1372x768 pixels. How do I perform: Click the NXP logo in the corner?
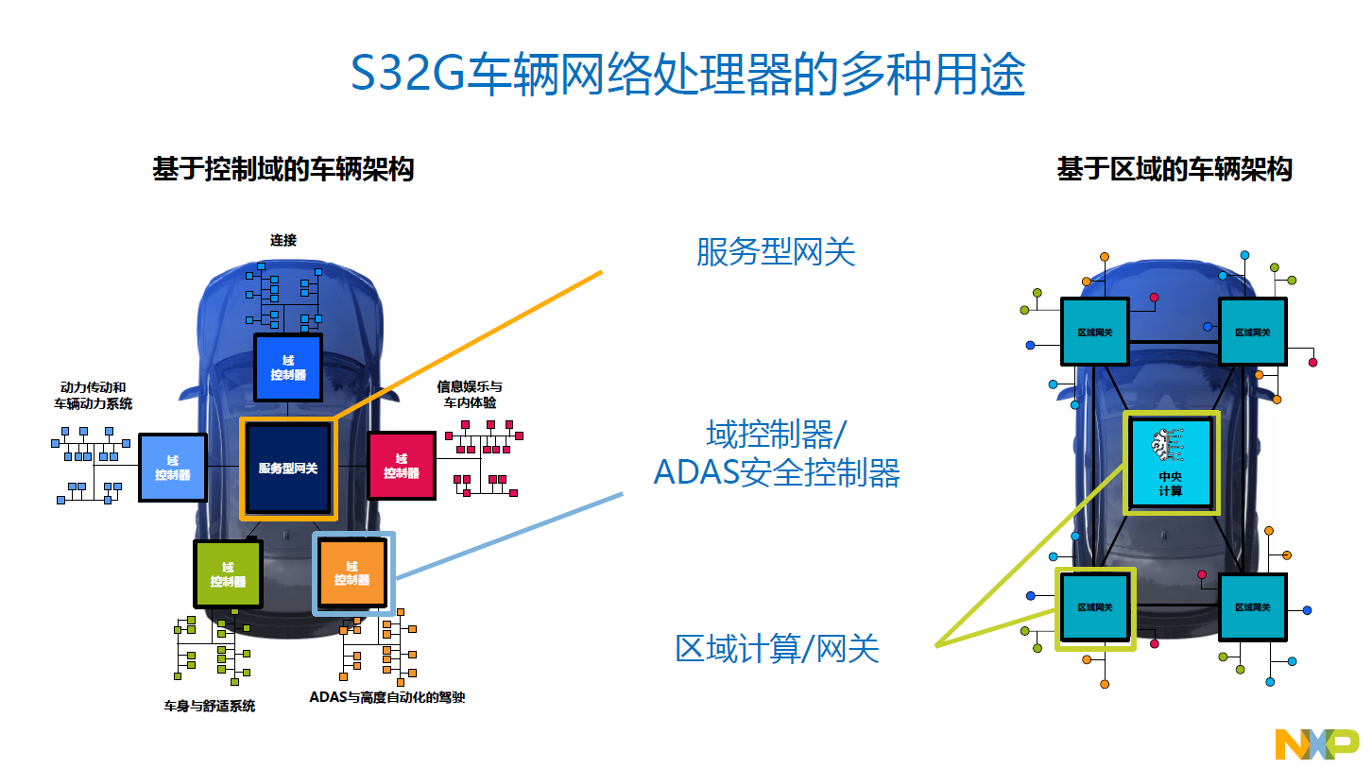pos(1317,744)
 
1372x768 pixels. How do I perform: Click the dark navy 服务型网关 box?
pos(288,469)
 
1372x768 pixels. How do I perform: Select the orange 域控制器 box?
pos(352,573)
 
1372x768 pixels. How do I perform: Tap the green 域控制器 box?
pos(228,573)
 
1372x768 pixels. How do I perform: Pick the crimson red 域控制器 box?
pos(402,466)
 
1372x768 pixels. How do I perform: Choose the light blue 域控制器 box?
pos(173,468)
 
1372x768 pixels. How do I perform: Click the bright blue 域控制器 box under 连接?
pos(288,367)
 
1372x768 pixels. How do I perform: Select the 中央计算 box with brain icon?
pos(1171,463)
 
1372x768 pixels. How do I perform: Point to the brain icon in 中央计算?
pos(1167,444)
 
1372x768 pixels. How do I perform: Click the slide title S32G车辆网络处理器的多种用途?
pos(688,74)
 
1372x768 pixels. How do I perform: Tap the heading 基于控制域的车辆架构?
pos(283,169)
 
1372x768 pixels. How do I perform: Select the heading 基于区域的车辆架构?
pos(1175,169)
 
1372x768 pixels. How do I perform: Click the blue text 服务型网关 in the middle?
pos(776,251)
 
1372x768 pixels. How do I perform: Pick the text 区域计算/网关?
pos(777,649)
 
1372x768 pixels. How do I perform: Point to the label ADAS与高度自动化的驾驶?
pos(387,697)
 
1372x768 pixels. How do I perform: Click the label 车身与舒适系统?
pos(210,707)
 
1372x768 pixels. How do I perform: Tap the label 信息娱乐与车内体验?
pos(470,395)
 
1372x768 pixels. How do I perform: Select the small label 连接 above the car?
pos(283,240)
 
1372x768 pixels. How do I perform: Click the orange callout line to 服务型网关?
pos(469,346)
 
